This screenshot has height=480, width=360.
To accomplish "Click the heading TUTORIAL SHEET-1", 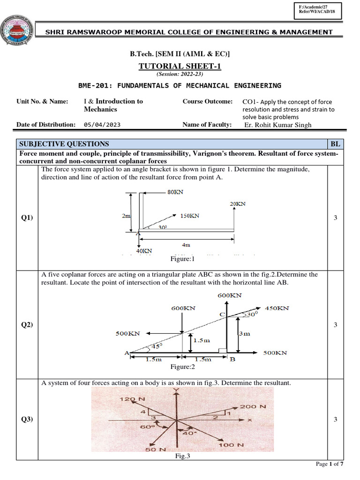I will coord(180,66).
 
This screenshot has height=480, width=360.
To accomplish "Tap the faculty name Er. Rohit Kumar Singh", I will coord(278,125).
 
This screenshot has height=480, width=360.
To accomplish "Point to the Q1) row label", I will coord(27,218).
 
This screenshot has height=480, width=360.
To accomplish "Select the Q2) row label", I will coord(27,325).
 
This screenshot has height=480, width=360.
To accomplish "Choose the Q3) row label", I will coord(27,420).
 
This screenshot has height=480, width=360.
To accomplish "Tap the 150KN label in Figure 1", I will coord(189,216).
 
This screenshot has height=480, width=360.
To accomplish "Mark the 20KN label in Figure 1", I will coord(238,204).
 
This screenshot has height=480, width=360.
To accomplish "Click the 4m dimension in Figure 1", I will coord(187,245).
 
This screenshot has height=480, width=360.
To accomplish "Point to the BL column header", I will coord(335,144).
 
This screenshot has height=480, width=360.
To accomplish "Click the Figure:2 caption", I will coord(182,367).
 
